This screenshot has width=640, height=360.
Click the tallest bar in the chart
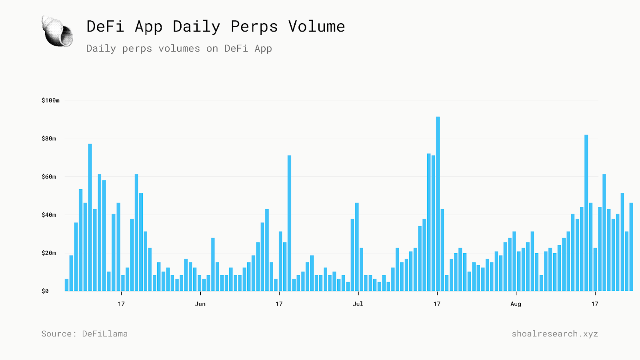pos(438,204)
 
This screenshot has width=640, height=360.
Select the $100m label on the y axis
pos(50,100)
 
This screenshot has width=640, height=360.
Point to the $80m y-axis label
pos(49,139)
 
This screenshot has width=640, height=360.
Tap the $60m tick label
pos(49,177)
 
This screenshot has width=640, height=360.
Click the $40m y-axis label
pos(49,215)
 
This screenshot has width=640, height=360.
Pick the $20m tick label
pos(49,253)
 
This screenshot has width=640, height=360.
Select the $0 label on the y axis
pos(45,291)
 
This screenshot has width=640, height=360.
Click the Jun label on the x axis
pos(200,304)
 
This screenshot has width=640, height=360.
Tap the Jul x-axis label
pos(358,304)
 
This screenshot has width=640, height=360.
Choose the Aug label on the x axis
pos(516,304)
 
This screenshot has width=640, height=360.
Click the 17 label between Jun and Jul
pos(279,304)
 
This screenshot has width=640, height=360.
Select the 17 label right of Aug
pos(595,304)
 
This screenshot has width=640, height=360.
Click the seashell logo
pos(57,31)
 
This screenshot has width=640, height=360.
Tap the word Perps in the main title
pos(254,27)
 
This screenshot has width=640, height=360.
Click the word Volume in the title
pos(316,27)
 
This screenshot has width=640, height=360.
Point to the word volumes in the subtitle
pos(179,49)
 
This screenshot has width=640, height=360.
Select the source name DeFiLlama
pos(105,334)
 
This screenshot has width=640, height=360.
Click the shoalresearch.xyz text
pos(555,334)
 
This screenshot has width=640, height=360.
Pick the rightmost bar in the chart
pos(631,247)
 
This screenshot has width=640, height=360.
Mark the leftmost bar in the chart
pos(67,285)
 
